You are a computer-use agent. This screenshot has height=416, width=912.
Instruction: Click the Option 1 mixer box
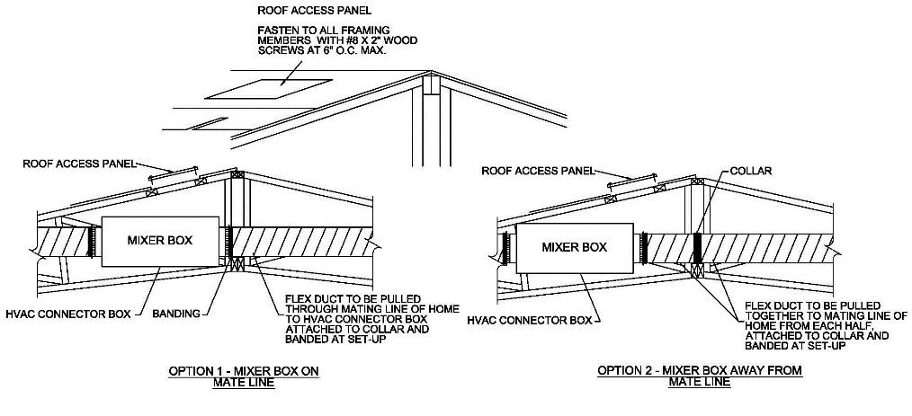pyautogui.click(x=160, y=241)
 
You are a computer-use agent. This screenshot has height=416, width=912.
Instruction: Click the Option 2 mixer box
pyautogui.click(x=574, y=247)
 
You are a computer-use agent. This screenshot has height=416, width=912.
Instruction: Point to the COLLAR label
pyautogui.click(x=750, y=170)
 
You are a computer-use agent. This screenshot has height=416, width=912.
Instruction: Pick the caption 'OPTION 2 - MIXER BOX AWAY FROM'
pyautogui.click(x=700, y=370)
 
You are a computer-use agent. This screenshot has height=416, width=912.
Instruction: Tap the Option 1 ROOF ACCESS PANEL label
pyautogui.click(x=78, y=164)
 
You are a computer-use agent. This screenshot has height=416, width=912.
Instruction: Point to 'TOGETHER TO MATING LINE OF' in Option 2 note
pyautogui.click(x=822, y=315)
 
